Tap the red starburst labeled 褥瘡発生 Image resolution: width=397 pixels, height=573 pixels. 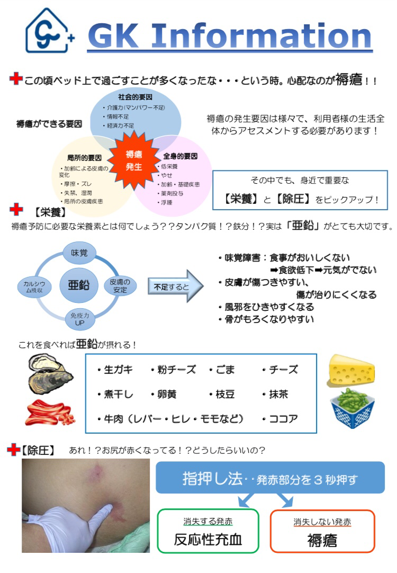133,160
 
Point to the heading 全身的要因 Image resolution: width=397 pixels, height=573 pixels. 180,156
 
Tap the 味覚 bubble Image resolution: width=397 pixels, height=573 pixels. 79,253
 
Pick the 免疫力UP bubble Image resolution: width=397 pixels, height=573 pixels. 79,318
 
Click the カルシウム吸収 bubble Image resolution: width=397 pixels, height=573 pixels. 34,286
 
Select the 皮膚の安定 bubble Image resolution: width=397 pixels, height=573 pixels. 120,285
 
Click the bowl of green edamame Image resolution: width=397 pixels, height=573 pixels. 352,408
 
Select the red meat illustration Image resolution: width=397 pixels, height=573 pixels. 49,413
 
